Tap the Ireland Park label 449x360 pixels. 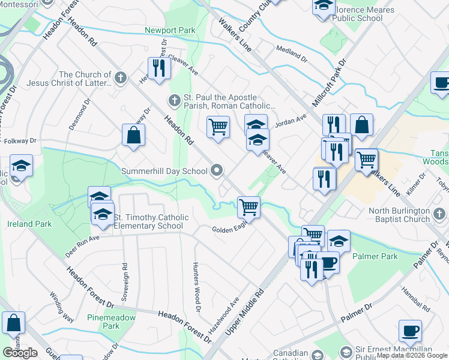pos(30,224)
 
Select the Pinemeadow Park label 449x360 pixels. pos(103,322)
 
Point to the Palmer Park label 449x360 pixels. pos(375,257)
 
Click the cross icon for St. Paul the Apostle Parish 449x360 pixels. pos(174,100)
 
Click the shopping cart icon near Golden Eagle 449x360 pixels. pos(249,208)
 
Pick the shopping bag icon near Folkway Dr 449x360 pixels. pos(133,135)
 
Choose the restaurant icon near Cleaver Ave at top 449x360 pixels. pos(159,68)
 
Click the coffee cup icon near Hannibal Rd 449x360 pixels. pos(411,331)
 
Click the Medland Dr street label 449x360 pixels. pos(291,55)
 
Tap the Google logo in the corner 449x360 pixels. pos(20,353)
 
